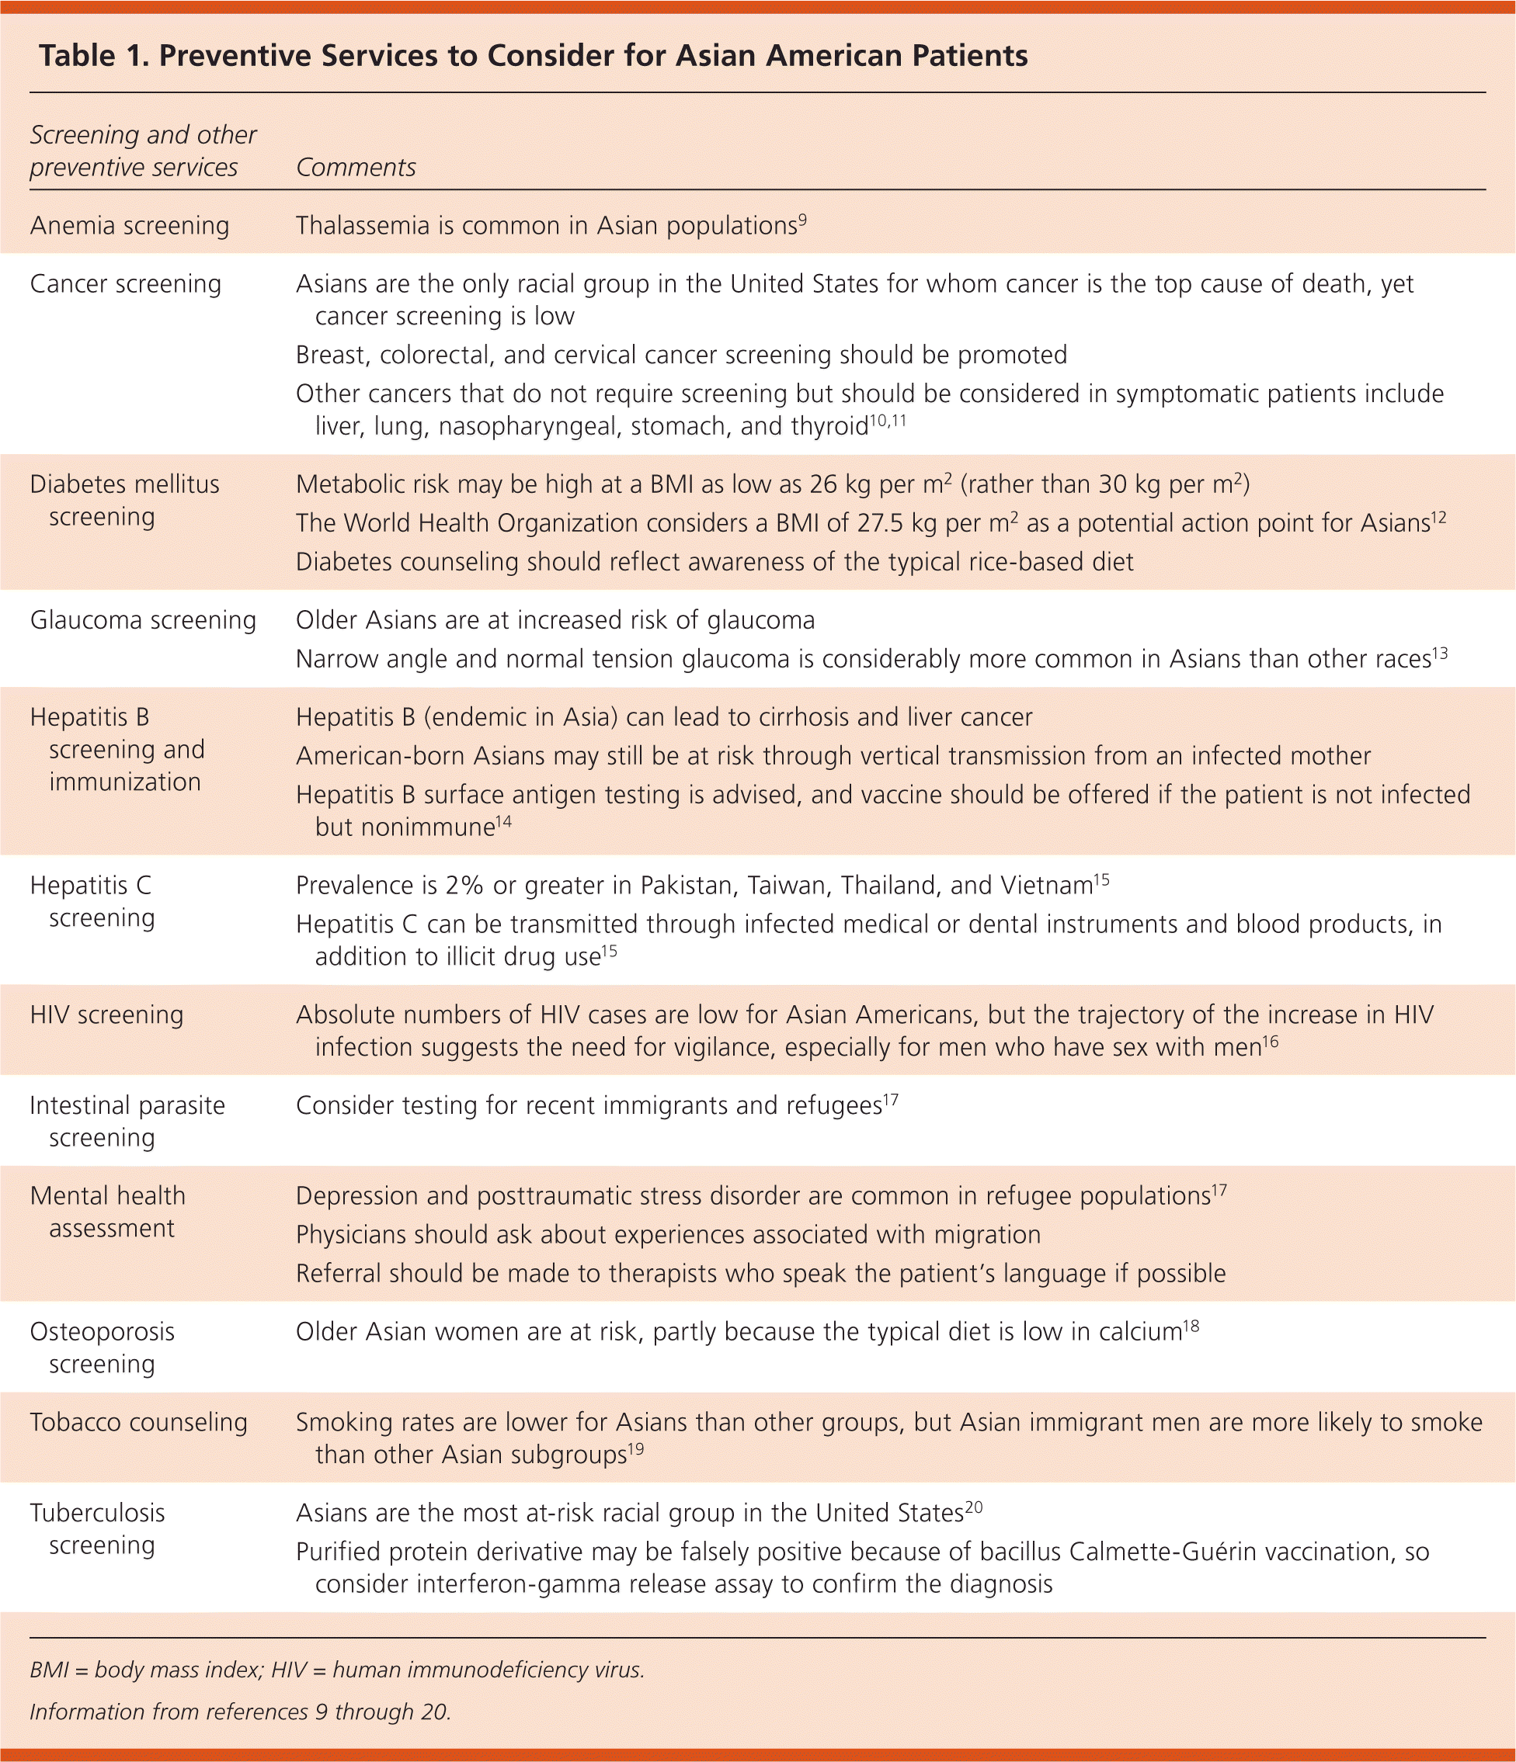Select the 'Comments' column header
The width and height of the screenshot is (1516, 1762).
(x=356, y=168)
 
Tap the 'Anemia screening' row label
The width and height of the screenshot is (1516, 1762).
(x=130, y=225)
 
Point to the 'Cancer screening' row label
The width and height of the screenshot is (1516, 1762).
(x=125, y=283)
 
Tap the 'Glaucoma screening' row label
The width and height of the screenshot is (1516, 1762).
(x=143, y=620)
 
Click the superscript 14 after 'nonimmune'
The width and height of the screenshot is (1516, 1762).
(x=503, y=820)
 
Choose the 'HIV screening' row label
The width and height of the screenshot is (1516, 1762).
(x=106, y=1015)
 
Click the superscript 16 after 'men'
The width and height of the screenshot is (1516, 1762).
(x=1270, y=1040)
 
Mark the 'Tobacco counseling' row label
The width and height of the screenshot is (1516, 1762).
(x=139, y=1422)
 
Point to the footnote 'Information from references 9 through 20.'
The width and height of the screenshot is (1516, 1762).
(x=240, y=1711)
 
